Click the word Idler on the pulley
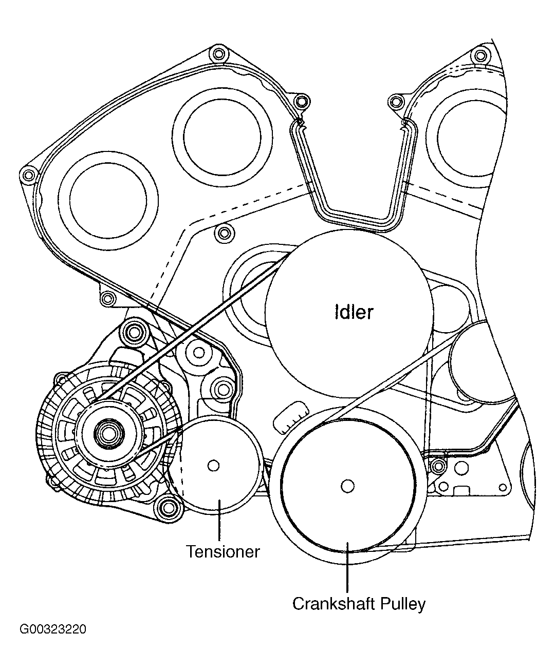[354, 312]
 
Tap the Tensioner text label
[223, 552]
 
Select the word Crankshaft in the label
[334, 604]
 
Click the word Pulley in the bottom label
[403, 604]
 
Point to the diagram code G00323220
[53, 629]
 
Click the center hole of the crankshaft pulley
[347, 486]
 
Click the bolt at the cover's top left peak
[219, 53]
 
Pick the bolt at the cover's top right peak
[480, 55]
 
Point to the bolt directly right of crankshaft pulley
[438, 466]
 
